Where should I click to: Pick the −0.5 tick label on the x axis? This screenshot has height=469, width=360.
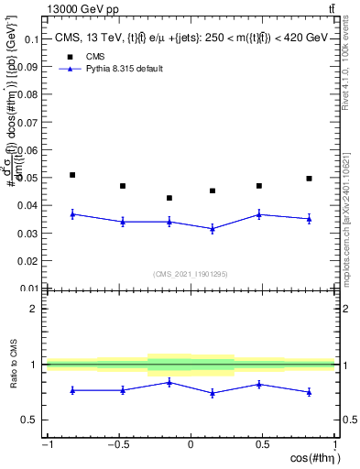coord(118,444)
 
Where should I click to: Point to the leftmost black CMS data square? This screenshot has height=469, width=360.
coord(72,175)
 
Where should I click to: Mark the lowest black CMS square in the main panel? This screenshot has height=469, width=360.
coord(169,198)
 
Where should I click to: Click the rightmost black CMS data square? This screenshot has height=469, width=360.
coord(310,179)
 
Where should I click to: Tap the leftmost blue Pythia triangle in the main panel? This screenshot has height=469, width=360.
coord(72,213)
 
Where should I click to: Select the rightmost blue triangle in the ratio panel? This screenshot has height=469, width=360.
coord(310,392)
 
